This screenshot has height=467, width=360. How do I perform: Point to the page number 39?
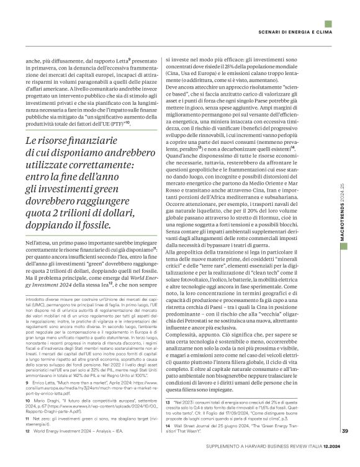(344, 449)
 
